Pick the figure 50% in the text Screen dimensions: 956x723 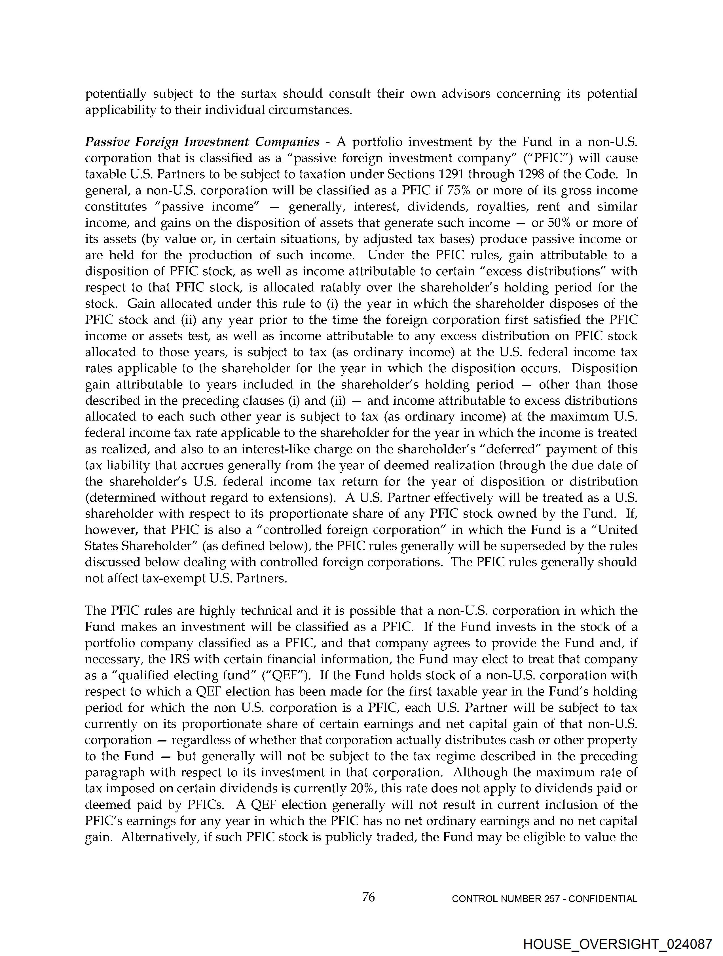563,223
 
